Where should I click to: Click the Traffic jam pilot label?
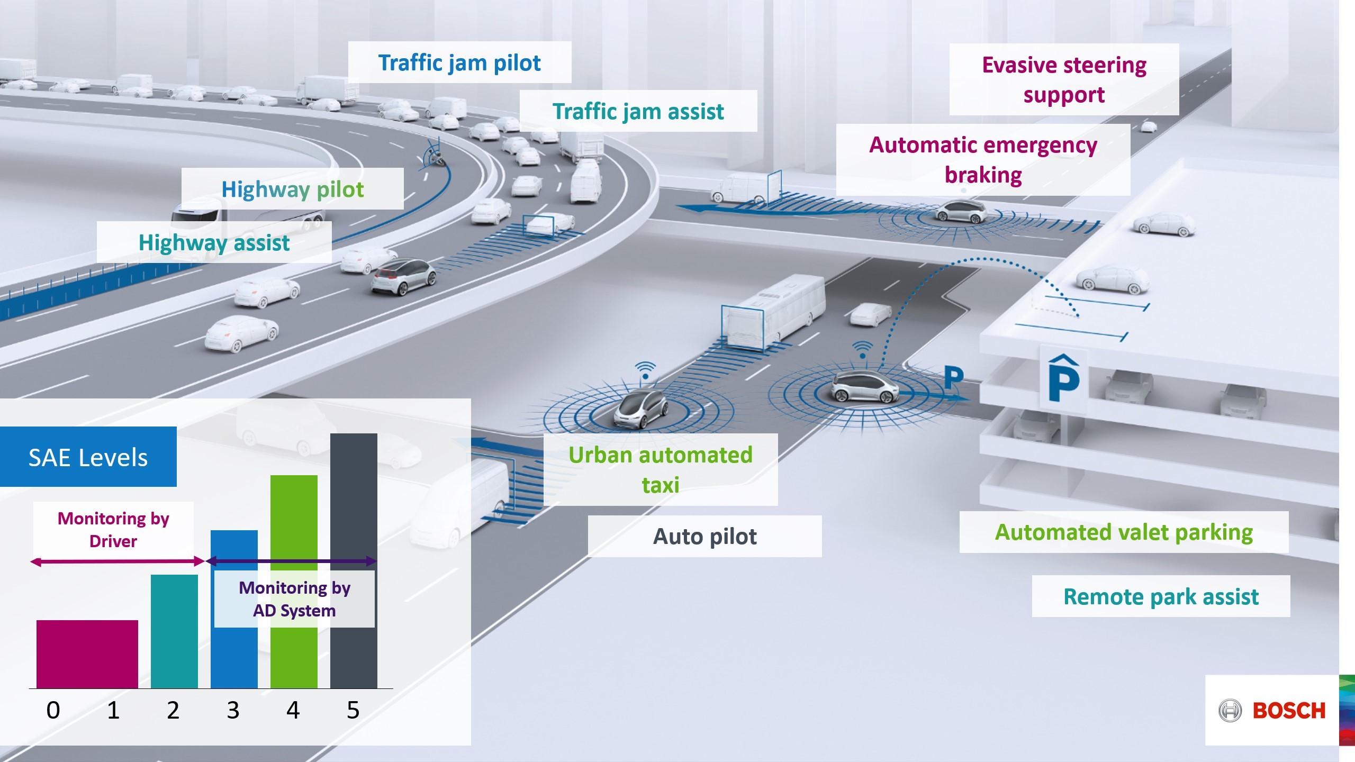459,62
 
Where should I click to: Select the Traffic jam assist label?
638,111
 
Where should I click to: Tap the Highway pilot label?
292,189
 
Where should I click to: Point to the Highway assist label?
214,242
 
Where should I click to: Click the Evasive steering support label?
1064,79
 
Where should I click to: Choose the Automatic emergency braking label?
983,159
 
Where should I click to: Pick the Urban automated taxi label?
660,469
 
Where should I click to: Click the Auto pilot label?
704,536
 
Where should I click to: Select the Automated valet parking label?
1124,532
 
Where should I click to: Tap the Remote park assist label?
1161,596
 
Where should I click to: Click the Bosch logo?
1272,710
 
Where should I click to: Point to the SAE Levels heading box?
88,457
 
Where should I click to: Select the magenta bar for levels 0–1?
87,654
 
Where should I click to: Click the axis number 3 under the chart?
233,710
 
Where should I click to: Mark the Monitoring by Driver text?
113,529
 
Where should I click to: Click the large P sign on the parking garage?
1063,379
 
